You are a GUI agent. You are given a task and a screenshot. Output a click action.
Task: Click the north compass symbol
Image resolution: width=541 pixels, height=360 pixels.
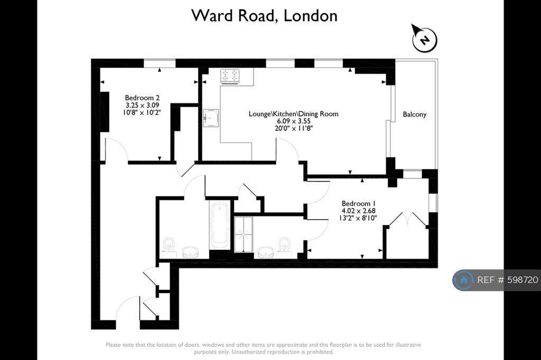(x=424, y=39)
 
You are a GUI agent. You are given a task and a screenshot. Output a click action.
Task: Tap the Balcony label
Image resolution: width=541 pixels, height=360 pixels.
(x=414, y=115)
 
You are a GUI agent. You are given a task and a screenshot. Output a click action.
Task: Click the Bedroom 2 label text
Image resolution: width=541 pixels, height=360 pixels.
(x=142, y=98)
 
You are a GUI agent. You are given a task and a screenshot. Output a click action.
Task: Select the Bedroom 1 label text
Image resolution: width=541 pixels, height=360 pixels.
(x=359, y=203)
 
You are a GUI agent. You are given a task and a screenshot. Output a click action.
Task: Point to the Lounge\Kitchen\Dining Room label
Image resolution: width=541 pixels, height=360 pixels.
(x=293, y=114)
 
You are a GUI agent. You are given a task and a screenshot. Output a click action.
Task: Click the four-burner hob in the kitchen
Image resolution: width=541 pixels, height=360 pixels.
(x=230, y=77)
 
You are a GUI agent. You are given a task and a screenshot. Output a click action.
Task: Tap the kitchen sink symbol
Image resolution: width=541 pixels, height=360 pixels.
(x=211, y=118)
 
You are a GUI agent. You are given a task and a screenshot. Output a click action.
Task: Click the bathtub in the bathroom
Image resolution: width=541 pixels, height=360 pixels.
(x=219, y=225)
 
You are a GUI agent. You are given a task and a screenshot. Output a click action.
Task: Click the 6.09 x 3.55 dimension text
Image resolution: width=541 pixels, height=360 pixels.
(x=294, y=121)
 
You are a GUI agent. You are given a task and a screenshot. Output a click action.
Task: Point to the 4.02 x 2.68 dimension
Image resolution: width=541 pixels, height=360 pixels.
(x=359, y=211)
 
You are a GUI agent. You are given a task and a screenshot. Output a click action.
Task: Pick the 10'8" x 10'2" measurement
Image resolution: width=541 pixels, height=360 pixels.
(x=142, y=112)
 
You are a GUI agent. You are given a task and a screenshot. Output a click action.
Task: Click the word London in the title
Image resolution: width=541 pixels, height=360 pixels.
(x=311, y=16)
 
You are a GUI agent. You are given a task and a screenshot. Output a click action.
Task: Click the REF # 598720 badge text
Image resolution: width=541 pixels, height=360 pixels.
(x=508, y=280)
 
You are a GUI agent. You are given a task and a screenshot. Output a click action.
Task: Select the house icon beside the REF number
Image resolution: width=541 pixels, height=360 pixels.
(x=464, y=280)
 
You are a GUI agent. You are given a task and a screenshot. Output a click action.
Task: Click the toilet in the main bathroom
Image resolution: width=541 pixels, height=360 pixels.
(x=169, y=245)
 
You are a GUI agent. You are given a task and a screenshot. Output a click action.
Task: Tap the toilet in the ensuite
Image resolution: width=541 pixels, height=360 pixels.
(x=284, y=245)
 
